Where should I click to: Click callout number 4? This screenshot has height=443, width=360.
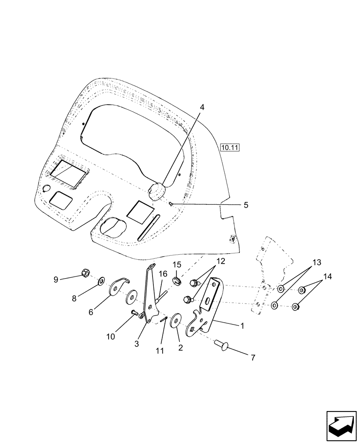(202, 107)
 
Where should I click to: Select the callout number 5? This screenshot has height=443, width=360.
(246, 205)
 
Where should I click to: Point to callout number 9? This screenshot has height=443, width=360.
(56, 279)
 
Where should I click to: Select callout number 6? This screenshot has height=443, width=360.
(91, 312)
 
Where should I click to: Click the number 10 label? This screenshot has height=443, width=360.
(110, 336)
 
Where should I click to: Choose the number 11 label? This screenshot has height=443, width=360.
(160, 350)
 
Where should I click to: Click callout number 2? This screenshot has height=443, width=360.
(180, 348)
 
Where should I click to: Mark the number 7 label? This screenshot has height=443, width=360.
(253, 358)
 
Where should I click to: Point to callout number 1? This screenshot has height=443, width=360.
(242, 326)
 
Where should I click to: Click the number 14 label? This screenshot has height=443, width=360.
(327, 276)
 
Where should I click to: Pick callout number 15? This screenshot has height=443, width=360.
(177, 264)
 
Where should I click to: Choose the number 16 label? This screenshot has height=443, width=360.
(163, 275)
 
